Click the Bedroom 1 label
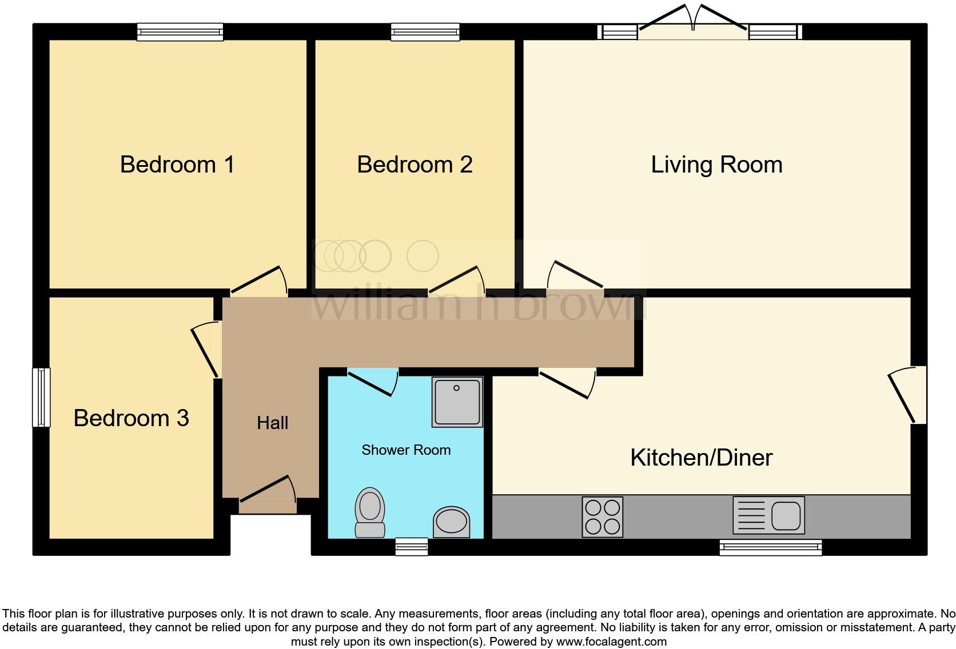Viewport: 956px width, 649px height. point(177,165)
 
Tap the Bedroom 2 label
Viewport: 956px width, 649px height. point(415,165)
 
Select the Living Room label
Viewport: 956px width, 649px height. point(716,165)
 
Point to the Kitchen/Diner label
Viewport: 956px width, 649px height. point(701,458)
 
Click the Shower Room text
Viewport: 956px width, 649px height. point(406,450)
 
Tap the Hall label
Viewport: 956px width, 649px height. point(272,423)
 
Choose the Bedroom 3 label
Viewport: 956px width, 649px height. point(131,418)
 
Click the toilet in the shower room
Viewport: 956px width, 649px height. point(370,512)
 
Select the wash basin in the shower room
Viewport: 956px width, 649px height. point(452,522)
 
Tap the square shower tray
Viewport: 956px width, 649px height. point(457,402)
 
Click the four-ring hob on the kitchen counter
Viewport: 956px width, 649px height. point(602,517)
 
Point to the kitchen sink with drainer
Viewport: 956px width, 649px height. point(768,515)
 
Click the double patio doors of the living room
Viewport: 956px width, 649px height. point(692,23)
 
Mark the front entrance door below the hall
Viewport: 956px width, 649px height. point(268,495)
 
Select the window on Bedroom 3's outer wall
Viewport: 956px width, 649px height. point(41,397)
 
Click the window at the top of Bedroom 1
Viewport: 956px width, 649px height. point(180,32)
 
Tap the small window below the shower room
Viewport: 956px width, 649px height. point(412,547)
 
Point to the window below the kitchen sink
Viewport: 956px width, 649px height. point(770,547)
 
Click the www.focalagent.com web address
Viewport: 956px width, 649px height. point(611,642)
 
